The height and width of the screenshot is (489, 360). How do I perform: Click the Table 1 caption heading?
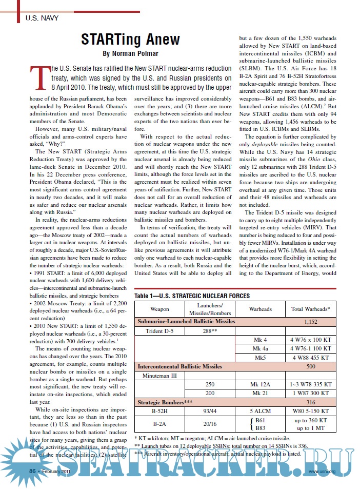point(192,296)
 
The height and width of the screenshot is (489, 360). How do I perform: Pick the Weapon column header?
point(159,309)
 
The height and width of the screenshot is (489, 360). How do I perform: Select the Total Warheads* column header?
point(310,309)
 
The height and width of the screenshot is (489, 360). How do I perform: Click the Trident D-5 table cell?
point(159,331)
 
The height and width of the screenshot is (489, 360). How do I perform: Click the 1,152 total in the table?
point(310,321)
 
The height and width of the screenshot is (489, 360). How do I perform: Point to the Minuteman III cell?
point(159,376)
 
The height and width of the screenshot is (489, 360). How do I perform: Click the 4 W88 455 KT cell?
point(310,357)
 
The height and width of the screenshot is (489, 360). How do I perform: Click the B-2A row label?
point(159,425)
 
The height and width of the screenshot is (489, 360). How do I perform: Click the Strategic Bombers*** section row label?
point(165,403)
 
